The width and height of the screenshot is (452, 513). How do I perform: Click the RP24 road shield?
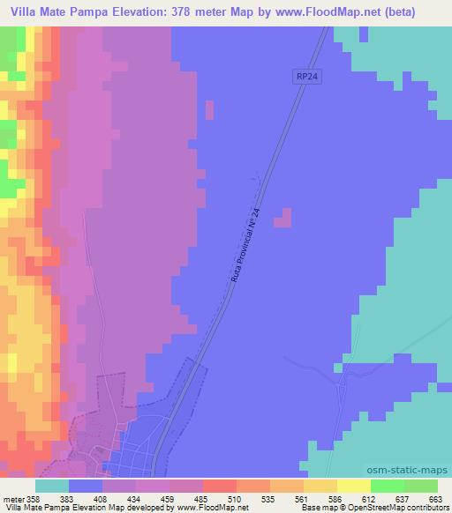(x=305, y=78)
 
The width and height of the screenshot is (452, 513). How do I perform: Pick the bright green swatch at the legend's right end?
(x=420, y=486)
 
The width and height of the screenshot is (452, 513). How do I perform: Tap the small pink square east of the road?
(x=282, y=218)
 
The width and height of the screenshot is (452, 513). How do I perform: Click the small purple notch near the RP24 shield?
(x=209, y=110)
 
